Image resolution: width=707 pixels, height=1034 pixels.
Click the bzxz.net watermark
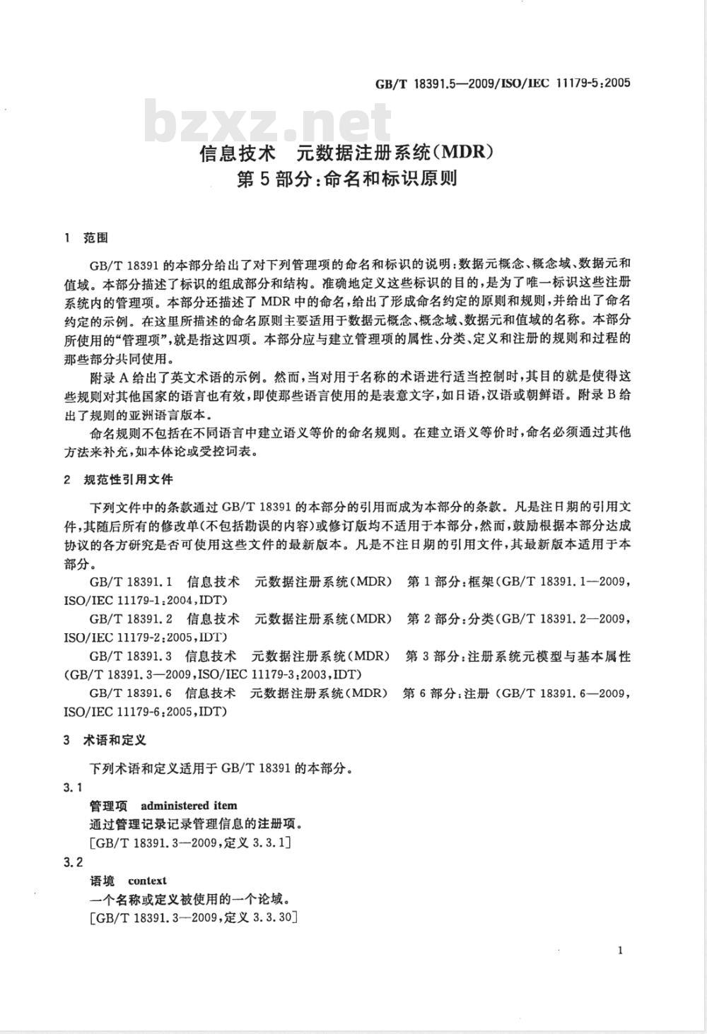point(269,122)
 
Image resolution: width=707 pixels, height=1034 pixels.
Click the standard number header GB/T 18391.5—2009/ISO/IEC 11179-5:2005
point(502,83)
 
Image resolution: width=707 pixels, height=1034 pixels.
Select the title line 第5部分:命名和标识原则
point(346,180)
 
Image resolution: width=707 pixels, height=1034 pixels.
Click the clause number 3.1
point(74,787)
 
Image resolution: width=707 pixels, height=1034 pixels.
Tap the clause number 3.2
point(74,862)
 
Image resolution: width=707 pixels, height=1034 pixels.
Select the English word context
point(147,881)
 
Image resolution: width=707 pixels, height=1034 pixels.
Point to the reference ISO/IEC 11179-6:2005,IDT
point(145,712)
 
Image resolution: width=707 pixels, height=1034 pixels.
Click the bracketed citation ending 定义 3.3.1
point(190,842)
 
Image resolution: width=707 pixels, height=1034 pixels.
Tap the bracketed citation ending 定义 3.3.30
point(193,918)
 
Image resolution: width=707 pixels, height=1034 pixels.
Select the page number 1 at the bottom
point(620,951)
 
